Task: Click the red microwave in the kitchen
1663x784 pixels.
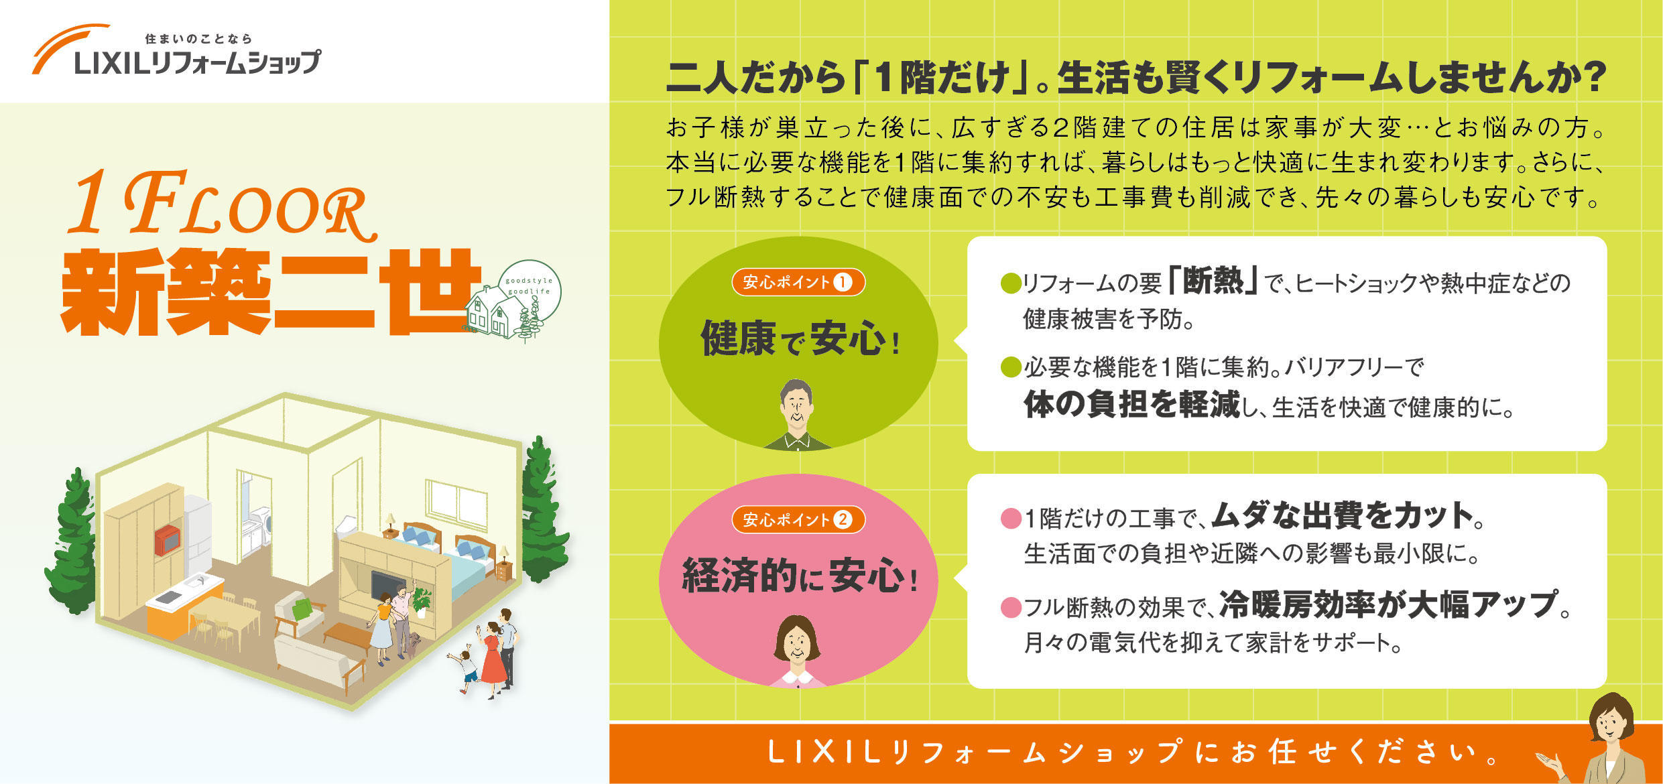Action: (x=167, y=540)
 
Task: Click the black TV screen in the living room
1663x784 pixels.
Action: (x=387, y=583)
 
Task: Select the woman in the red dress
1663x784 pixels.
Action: (x=493, y=657)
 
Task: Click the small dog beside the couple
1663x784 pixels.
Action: (x=416, y=643)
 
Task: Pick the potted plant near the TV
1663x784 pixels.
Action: (x=422, y=598)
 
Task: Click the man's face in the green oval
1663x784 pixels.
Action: (x=796, y=405)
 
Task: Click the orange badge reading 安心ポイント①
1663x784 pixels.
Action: (x=798, y=282)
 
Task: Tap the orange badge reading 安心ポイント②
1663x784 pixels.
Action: (x=798, y=519)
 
